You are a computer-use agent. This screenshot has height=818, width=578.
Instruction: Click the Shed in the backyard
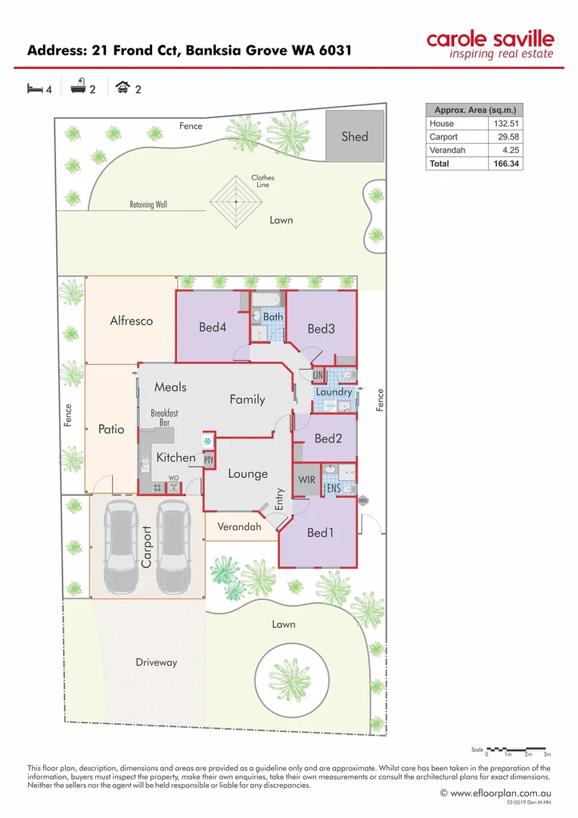354,136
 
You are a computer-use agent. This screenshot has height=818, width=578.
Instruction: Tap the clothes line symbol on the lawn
237,201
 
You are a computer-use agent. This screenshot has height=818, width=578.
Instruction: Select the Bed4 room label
213,327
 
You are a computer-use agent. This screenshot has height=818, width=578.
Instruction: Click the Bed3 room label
321,329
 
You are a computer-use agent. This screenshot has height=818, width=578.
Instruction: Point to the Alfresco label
131,320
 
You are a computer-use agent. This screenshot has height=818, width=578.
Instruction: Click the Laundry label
334,392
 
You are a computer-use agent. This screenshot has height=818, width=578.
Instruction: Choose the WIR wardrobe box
306,480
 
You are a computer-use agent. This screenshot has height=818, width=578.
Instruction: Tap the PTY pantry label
209,460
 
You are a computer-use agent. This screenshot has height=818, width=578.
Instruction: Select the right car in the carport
172,546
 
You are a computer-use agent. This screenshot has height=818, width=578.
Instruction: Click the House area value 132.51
505,123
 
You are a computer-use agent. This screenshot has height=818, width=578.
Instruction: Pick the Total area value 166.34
505,164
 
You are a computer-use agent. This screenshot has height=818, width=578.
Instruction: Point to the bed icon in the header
34,89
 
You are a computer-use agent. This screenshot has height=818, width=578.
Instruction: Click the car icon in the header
121,89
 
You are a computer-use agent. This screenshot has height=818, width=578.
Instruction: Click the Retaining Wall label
148,204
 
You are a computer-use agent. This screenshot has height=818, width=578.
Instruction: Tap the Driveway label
156,662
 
